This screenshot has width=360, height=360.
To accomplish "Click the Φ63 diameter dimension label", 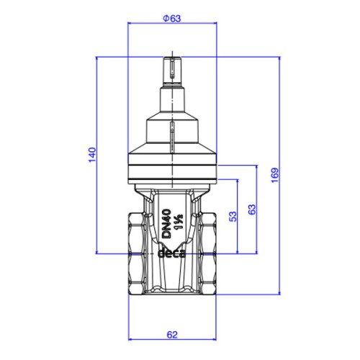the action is click(172, 19).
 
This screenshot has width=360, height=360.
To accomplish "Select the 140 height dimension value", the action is click(92, 155).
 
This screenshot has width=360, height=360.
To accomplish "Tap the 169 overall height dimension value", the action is click(275, 175).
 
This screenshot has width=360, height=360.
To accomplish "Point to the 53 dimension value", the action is click(233, 217).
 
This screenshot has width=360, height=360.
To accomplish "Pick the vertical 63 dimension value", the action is click(252, 210).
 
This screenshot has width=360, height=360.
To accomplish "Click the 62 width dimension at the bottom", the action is click(172, 335).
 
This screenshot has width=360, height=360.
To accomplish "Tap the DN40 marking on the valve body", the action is click(166, 223).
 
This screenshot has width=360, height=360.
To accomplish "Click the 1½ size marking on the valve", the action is click(179, 221).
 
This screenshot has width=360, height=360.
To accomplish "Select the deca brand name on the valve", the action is click(171, 253).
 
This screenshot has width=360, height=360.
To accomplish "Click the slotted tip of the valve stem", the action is click(172, 69).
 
